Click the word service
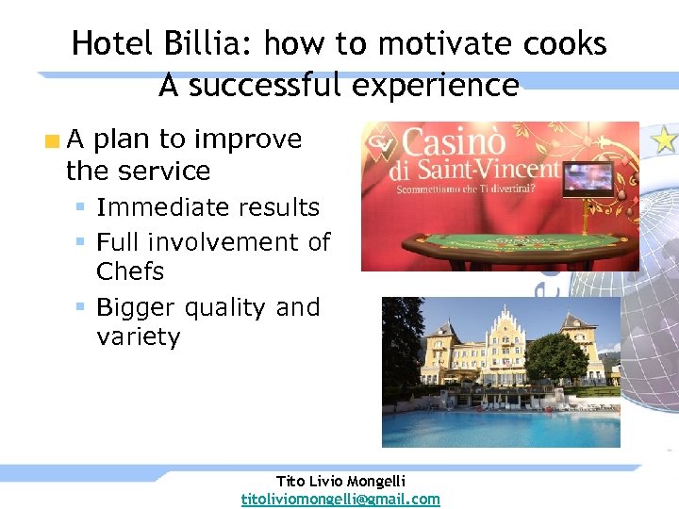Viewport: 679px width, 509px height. (x=164, y=171)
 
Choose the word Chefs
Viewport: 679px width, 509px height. (x=130, y=271)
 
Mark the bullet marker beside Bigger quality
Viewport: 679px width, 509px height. (x=83, y=307)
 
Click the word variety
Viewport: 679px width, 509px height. (x=138, y=337)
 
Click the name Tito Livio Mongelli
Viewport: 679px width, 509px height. (x=340, y=482)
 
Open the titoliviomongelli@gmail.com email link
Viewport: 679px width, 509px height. (x=340, y=499)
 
